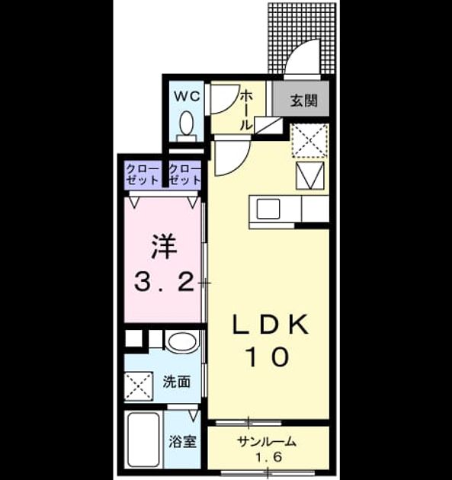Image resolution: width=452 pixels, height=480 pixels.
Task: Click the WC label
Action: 187,97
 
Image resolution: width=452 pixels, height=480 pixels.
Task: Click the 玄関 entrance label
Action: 303,100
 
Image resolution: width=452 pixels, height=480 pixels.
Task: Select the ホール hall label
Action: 245,110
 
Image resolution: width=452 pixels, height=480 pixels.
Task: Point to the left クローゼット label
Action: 143,174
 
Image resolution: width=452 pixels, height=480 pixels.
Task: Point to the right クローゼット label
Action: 184,174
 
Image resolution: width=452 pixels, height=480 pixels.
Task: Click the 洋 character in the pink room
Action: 164,247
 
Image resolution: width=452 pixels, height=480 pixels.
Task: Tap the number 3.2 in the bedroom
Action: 164,283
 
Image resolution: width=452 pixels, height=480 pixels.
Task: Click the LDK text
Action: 271,325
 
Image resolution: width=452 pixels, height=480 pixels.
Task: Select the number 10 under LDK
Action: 268,357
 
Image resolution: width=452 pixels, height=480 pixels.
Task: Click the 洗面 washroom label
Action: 176,382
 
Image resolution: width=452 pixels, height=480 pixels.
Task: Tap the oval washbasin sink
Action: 183,342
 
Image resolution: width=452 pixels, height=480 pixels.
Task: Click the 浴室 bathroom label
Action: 182,441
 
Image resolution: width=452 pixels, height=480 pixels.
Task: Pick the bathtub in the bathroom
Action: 143,440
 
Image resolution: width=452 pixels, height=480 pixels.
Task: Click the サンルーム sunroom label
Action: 267,441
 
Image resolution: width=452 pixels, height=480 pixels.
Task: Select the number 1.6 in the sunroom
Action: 268,457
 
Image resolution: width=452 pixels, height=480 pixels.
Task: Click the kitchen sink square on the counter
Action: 268,209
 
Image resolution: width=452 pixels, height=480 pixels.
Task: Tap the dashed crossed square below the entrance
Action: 310,140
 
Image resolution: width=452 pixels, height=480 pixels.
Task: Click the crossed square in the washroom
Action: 139,386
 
